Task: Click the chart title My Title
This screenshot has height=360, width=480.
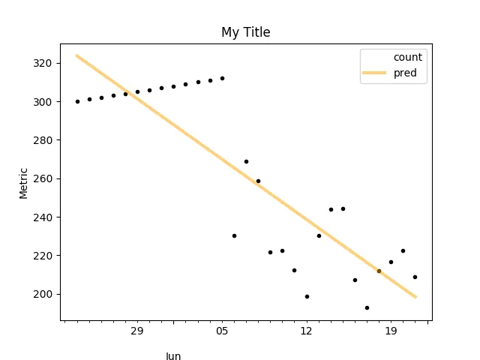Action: [245, 32]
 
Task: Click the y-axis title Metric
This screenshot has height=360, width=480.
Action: [23, 183]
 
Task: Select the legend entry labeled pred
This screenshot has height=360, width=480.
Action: [405, 73]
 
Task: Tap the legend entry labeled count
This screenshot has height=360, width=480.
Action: [408, 57]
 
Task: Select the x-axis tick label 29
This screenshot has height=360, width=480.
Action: [136, 331]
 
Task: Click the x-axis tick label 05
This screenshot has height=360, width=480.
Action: [221, 331]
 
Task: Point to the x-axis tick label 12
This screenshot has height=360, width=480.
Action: [306, 331]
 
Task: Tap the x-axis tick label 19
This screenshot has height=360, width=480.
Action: [391, 331]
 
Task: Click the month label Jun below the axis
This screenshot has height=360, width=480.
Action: [173, 356]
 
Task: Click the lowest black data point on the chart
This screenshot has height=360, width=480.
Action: [367, 307]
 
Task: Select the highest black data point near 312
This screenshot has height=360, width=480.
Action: [222, 78]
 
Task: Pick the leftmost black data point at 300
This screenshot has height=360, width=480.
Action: [77, 101]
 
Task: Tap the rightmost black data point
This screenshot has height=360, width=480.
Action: [415, 277]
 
